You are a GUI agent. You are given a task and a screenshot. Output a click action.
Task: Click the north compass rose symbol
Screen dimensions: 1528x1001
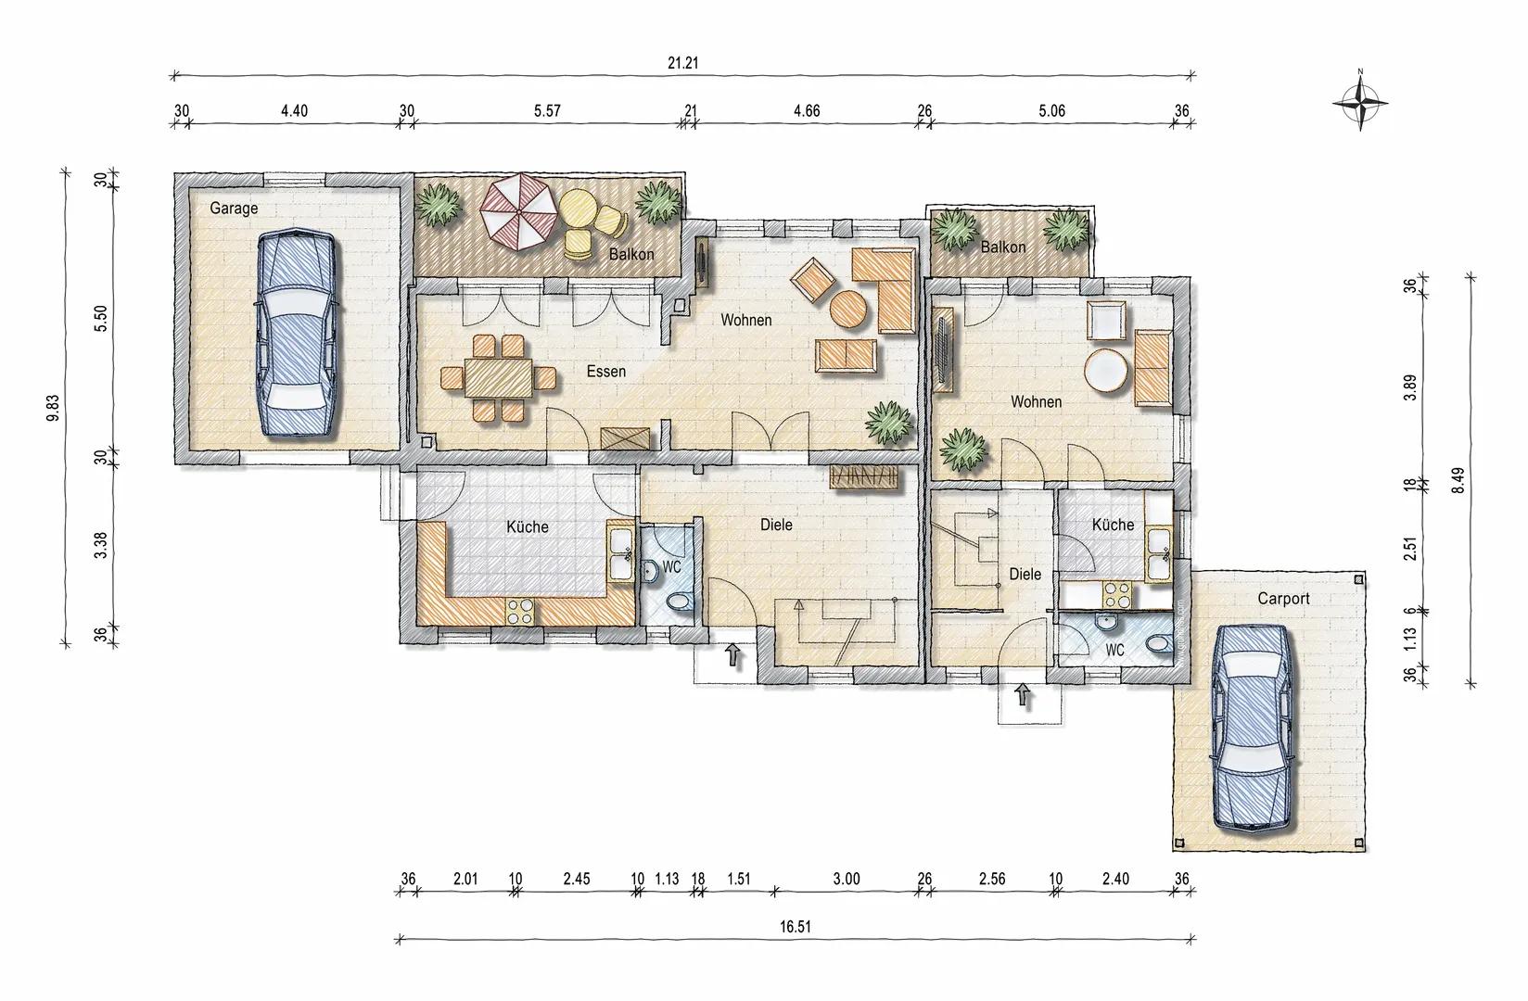(x=1360, y=103)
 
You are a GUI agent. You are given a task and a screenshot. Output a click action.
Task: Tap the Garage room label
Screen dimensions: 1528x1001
(x=234, y=208)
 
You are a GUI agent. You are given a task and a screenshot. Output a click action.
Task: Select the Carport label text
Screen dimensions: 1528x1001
(x=1284, y=599)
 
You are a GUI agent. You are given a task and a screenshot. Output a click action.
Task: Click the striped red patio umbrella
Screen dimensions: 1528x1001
(x=517, y=211)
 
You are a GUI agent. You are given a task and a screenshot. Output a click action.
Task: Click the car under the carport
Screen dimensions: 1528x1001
(x=1253, y=727)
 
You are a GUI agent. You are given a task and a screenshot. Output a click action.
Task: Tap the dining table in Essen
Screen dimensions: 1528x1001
(x=499, y=378)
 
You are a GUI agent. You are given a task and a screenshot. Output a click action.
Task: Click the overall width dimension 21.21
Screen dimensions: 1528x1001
(x=682, y=63)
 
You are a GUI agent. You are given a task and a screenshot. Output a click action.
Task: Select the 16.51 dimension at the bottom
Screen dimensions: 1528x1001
(x=796, y=927)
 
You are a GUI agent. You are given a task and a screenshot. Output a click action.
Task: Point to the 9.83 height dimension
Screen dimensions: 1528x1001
(x=53, y=408)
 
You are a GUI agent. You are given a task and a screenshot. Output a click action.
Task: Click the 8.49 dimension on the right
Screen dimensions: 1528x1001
(x=1458, y=480)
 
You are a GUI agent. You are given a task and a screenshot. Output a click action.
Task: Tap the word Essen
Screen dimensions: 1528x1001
(x=605, y=372)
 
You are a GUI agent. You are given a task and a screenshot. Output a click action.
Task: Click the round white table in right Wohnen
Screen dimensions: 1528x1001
(x=1106, y=370)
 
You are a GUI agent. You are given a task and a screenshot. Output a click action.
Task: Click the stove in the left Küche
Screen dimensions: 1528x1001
(x=520, y=610)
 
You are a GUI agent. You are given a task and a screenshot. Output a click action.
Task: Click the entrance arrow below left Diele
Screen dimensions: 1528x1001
(x=732, y=654)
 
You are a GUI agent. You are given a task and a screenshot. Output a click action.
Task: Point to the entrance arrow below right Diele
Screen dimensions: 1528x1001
(x=1022, y=694)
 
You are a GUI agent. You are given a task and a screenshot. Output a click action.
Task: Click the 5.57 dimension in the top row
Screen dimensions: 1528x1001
(x=547, y=110)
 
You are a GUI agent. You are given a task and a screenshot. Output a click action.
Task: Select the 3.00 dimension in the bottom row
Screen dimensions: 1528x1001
(x=846, y=879)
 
